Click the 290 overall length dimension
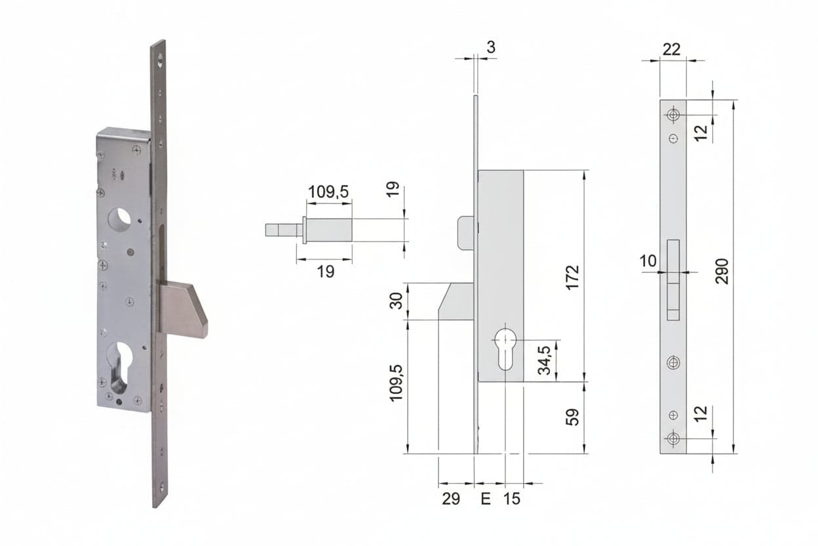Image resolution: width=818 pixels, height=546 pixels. click(722, 271)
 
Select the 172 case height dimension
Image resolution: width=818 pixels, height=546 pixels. click(573, 277)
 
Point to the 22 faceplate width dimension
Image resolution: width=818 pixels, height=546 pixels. click(672, 49)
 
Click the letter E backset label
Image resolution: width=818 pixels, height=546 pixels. click(486, 499)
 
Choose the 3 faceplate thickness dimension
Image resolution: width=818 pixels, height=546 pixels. click(491, 47)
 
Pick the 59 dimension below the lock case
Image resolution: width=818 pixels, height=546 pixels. click(573, 417)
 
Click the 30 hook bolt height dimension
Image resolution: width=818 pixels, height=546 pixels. click(396, 301)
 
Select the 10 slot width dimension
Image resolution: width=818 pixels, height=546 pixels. click(648, 261)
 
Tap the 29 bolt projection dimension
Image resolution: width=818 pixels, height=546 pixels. click(451, 499)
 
